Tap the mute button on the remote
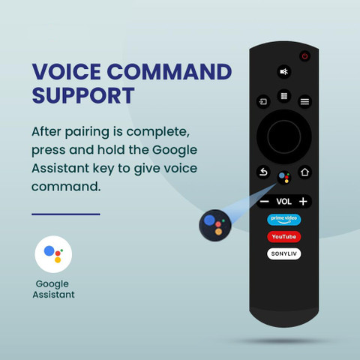point(284,72)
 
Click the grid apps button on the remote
point(284,96)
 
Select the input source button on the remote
point(263,102)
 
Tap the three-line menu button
point(304,102)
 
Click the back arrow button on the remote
point(263,172)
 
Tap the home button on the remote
point(304,172)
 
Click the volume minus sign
point(264,202)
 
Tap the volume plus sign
point(303,201)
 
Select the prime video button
point(284,220)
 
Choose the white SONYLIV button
point(284,253)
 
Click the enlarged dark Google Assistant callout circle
point(215,226)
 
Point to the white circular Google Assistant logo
point(53,254)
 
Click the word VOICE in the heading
point(66,72)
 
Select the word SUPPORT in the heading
point(83,95)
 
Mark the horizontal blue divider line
point(66,214)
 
